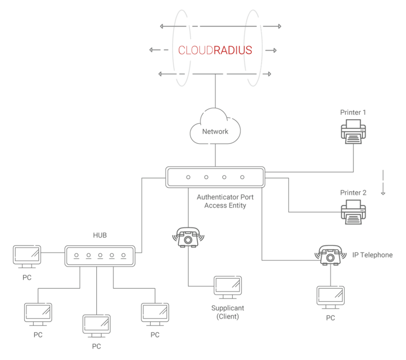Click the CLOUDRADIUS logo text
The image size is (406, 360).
215,50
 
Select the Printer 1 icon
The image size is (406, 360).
353,132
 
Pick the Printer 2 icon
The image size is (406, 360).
353,212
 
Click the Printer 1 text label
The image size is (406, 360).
353,112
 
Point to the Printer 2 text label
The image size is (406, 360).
353,193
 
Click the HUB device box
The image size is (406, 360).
100,256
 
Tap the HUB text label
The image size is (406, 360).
100,235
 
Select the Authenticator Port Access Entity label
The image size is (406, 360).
225,201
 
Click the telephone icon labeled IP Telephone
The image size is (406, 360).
330,255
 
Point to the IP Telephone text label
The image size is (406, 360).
372,255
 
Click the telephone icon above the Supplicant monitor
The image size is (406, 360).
188,237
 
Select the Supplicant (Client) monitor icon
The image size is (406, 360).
228,287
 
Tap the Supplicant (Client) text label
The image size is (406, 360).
228,312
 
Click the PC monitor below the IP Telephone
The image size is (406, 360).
330,298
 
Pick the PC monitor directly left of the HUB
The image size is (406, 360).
27,257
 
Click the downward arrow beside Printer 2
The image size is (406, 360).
383,182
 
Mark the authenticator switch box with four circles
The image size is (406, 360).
215,177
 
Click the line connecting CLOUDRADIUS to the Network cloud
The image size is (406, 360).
215,91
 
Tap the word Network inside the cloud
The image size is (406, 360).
215,132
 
